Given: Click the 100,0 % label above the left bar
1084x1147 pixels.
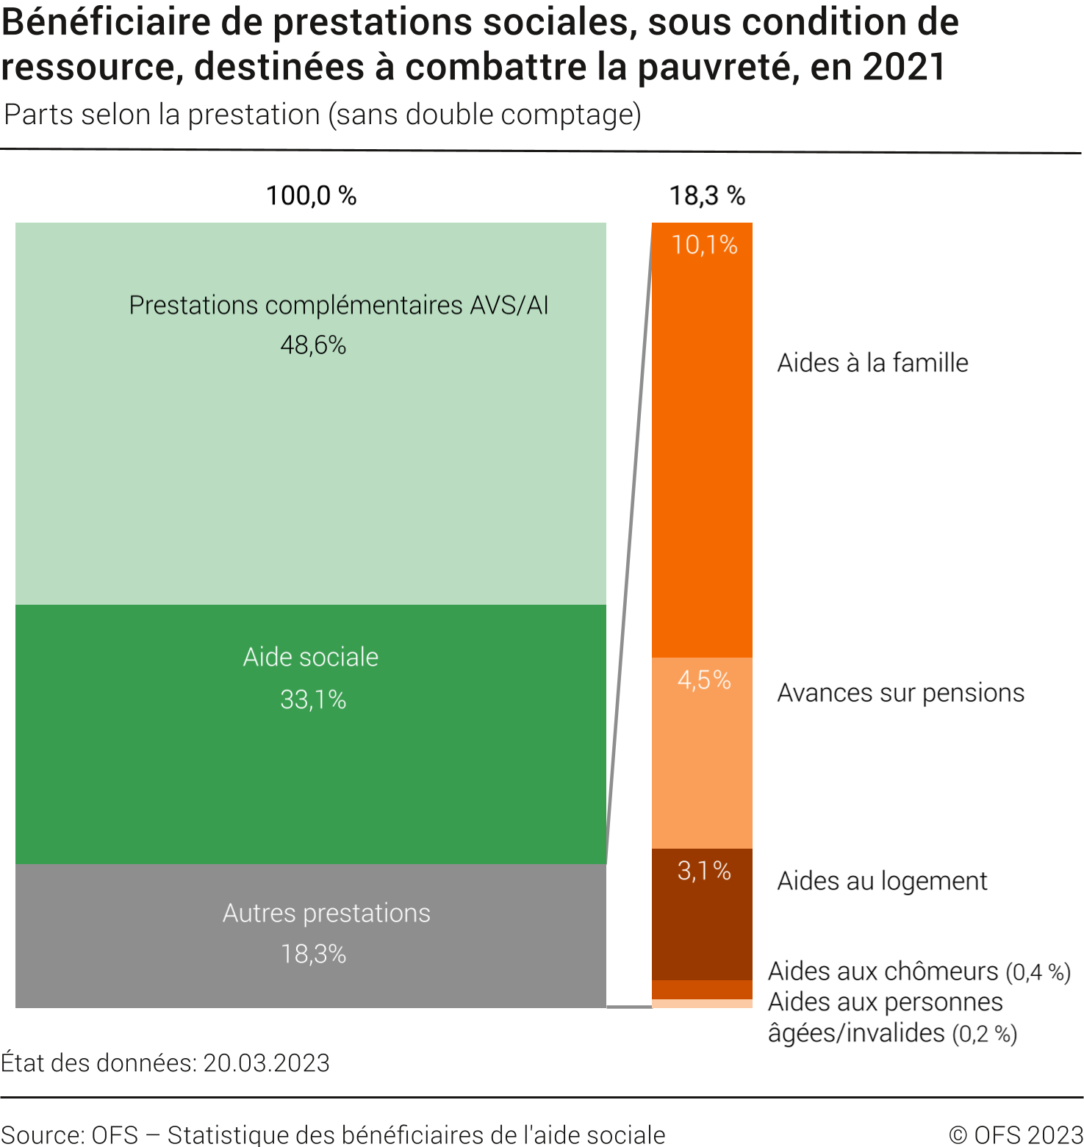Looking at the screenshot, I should click(x=311, y=195).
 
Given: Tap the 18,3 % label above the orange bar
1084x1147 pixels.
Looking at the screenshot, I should click(x=706, y=195).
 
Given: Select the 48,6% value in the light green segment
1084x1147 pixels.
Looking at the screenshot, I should click(x=313, y=345).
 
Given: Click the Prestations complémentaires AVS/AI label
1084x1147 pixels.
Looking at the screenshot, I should click(x=339, y=305).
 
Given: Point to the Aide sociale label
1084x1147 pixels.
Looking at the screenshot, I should click(x=311, y=657).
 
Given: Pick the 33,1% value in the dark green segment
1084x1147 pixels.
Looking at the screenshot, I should click(x=313, y=700).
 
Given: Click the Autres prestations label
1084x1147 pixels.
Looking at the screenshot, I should click(x=326, y=913).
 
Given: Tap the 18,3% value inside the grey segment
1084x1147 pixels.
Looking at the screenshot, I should click(x=313, y=954).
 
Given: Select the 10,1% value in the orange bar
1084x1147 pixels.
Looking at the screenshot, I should click(x=704, y=245).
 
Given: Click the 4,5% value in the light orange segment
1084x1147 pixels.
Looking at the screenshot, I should click(x=704, y=680).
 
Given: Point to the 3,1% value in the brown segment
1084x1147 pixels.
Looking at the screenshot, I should click(x=704, y=871).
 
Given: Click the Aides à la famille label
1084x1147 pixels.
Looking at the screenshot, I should click(x=872, y=363).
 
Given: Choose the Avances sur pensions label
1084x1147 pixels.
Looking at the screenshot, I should click(x=900, y=693).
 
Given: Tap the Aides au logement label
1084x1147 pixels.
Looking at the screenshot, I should click(x=882, y=880).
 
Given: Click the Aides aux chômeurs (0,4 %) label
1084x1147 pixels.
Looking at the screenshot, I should click(x=919, y=971).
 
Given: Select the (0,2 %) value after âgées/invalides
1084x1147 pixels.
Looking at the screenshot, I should click(x=985, y=1034).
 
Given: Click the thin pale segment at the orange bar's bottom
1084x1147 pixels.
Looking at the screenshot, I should click(x=702, y=1004).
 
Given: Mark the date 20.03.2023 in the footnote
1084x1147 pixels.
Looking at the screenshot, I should click(x=266, y=1063).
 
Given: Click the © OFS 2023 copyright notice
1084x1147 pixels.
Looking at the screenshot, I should click(x=1016, y=1135).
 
